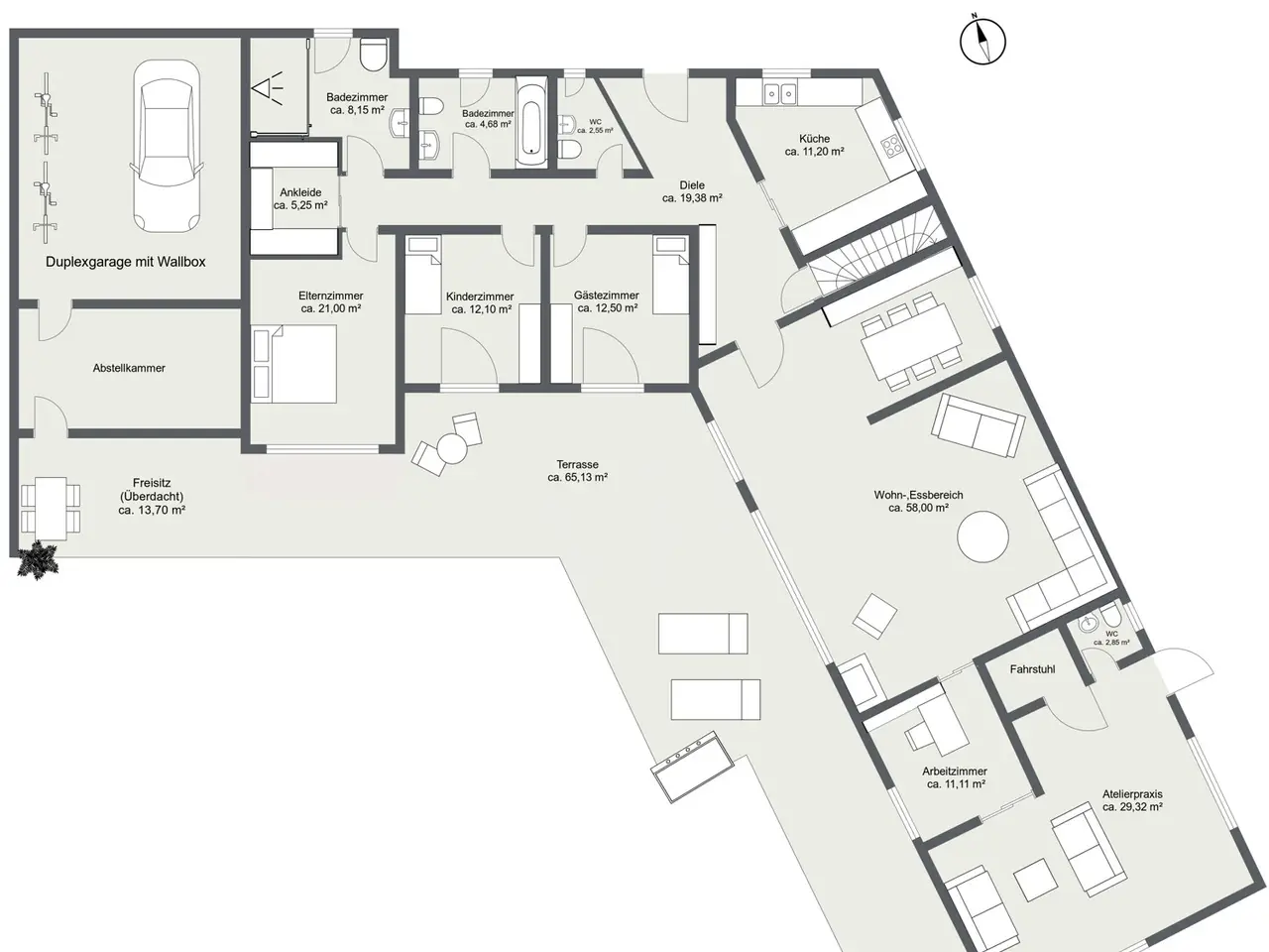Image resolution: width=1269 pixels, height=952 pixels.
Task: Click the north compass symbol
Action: point(982,42)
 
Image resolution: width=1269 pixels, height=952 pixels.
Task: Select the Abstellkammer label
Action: point(129,368)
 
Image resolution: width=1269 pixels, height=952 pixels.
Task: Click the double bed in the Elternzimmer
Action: point(294,364)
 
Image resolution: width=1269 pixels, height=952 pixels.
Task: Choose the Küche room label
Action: point(814,139)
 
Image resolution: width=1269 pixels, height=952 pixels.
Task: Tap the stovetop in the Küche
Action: point(891,145)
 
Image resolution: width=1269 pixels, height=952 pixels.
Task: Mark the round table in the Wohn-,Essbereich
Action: point(982,536)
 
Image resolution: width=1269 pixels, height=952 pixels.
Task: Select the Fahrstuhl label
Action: point(1032,669)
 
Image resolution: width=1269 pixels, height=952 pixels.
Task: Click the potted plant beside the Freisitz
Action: point(38,559)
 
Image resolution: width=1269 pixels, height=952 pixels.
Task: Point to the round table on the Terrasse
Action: point(452,448)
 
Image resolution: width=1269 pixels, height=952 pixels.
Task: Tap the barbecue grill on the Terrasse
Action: point(692,767)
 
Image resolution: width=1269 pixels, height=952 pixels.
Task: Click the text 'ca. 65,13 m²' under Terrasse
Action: point(578,477)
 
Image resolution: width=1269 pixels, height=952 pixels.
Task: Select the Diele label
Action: point(692,185)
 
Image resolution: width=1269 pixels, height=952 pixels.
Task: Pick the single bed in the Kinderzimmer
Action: point(422,275)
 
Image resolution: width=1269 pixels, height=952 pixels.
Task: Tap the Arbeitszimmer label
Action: point(955,772)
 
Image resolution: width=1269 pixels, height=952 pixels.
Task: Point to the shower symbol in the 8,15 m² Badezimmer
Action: point(268,88)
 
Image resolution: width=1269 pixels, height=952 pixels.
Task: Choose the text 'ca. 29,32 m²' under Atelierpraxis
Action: point(1132,807)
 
